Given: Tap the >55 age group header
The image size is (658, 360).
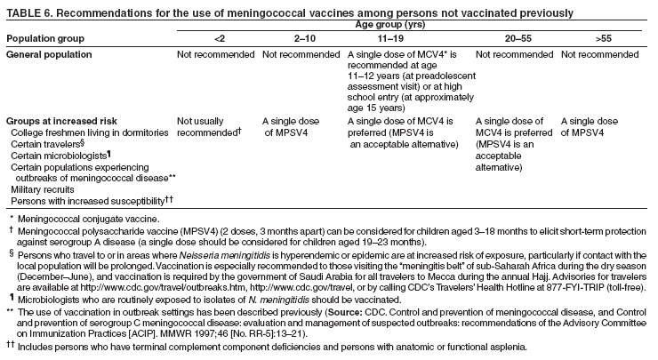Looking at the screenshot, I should click(x=591, y=38).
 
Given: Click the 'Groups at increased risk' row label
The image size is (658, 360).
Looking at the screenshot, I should click(x=59, y=120).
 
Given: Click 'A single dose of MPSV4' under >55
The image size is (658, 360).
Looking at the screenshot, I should click(x=590, y=125).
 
